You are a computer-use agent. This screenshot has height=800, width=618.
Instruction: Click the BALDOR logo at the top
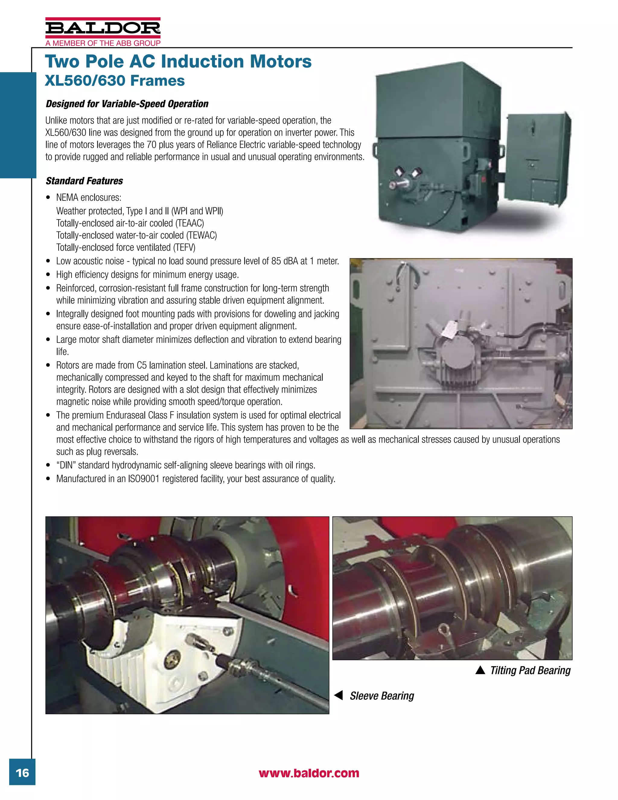103,28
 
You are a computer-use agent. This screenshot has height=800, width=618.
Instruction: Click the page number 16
22,773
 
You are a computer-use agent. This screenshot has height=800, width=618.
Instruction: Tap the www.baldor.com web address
309,773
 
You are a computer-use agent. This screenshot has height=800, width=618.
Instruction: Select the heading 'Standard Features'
84,181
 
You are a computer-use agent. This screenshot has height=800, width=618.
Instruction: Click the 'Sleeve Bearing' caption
382,696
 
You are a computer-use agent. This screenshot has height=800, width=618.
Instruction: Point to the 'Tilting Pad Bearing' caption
530,670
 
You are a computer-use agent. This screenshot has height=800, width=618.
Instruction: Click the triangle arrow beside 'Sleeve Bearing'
339,695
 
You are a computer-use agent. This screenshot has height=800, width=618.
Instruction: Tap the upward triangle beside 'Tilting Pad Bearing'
480,670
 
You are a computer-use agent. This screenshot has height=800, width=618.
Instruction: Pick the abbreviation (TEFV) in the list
184,248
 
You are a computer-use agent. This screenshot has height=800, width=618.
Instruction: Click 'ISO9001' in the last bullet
144,479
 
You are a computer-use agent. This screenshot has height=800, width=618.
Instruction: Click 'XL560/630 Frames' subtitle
115,81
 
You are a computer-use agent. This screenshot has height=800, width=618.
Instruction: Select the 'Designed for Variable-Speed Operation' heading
127,104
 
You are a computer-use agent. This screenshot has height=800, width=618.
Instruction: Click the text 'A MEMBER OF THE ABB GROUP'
103,43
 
